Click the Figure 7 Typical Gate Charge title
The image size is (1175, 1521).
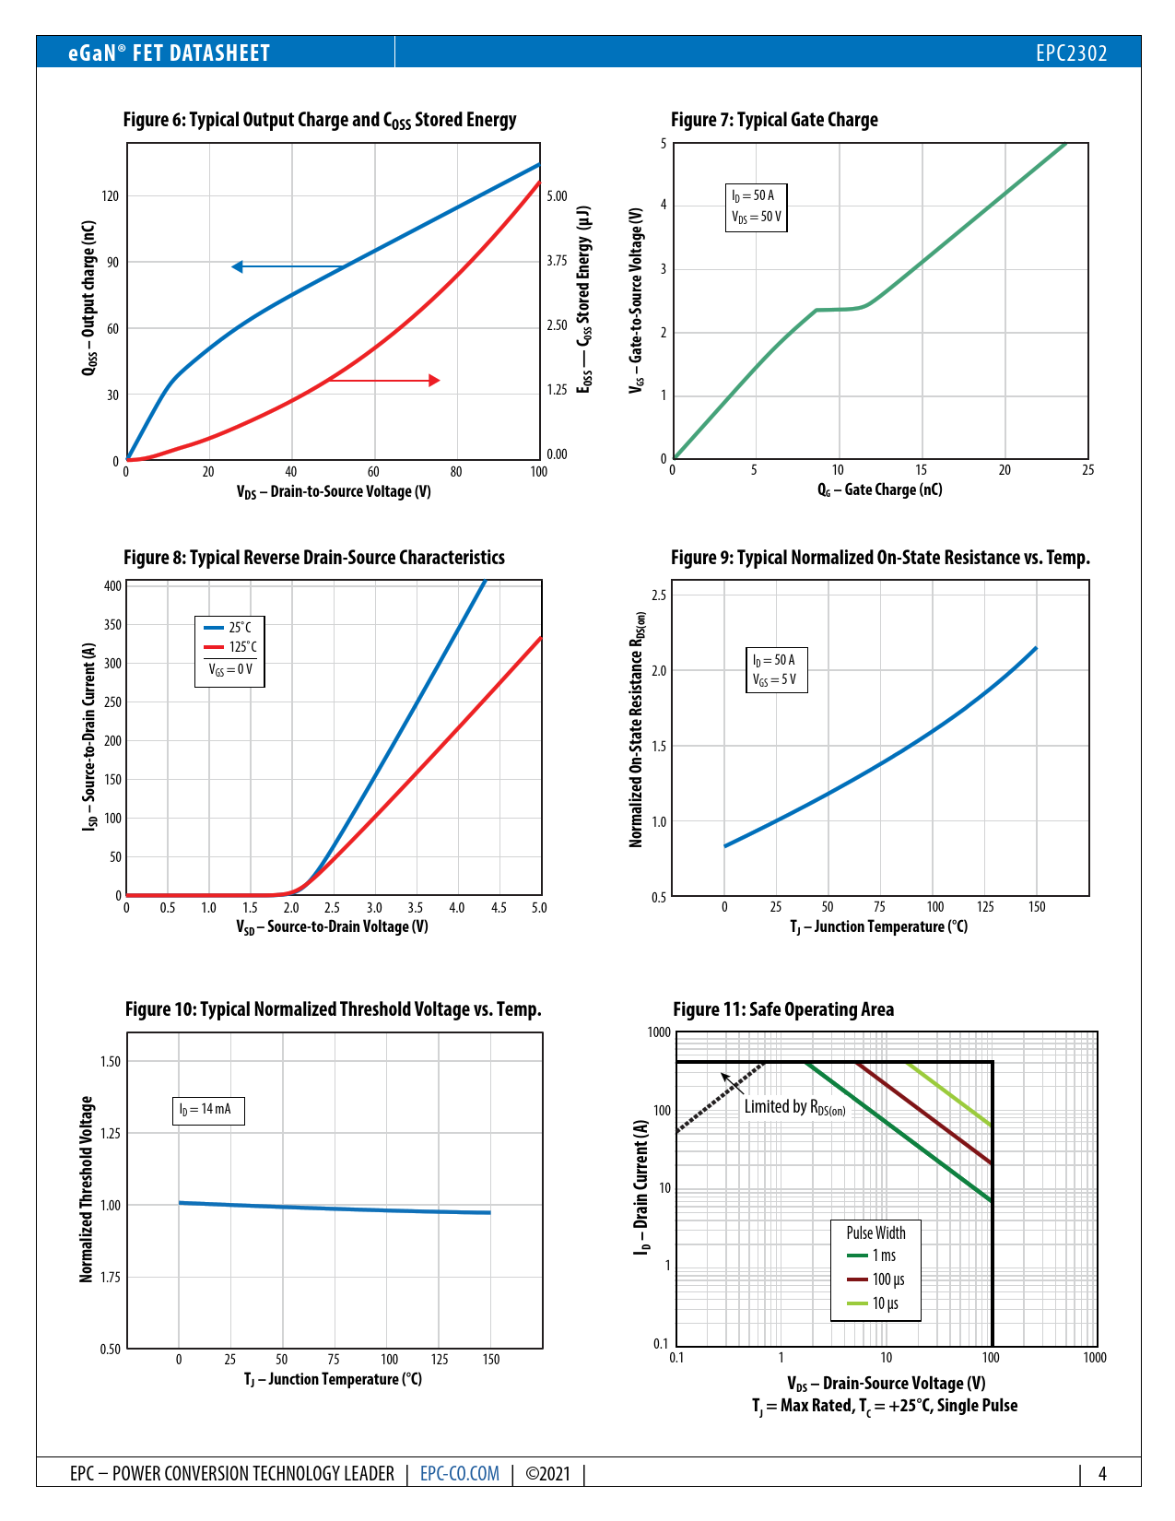click(774, 120)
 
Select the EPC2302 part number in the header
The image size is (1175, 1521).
click(1071, 53)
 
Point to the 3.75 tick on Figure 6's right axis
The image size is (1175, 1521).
click(557, 261)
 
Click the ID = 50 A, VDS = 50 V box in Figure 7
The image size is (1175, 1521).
click(756, 206)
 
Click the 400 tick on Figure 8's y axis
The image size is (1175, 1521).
click(112, 586)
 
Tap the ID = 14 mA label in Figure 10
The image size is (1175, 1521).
click(207, 1110)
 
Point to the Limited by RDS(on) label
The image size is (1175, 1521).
click(794, 1107)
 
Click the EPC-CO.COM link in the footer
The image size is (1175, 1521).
click(459, 1473)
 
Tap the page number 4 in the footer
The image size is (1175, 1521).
click(1102, 1473)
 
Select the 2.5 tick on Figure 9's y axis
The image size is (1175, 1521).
click(658, 595)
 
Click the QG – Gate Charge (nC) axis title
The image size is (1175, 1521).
click(879, 490)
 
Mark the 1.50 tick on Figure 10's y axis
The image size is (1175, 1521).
click(111, 1062)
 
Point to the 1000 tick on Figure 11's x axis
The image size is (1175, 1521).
click(1095, 1358)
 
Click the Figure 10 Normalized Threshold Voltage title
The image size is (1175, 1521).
click(333, 1009)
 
